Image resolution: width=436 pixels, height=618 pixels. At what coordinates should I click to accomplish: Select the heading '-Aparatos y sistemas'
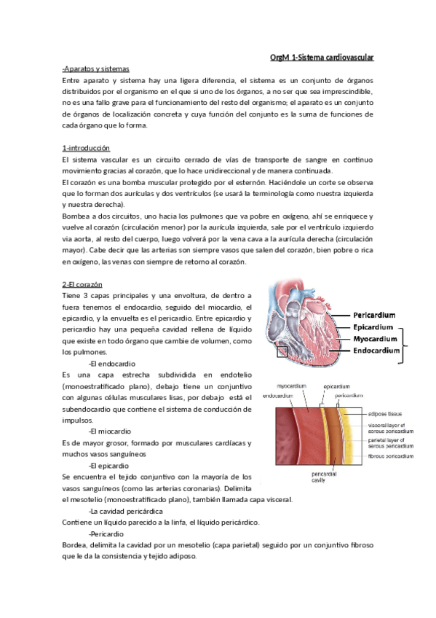[94, 69]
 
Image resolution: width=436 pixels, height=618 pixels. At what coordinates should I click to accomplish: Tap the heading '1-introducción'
[86, 148]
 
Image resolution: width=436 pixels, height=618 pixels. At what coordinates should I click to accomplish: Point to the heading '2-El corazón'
[82, 283]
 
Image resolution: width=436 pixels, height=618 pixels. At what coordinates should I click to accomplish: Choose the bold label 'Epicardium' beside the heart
[373, 327]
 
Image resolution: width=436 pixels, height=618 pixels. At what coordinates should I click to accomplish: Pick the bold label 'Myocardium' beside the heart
[375, 339]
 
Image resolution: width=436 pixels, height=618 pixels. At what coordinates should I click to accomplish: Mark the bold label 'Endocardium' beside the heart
[377, 351]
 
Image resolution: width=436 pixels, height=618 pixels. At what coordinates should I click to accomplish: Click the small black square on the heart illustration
[282, 352]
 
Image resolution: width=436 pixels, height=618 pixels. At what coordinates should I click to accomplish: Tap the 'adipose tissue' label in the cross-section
[388, 412]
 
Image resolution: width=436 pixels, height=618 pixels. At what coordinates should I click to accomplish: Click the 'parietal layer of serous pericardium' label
[392, 442]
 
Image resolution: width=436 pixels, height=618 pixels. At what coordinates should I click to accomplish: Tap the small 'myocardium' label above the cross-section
[292, 386]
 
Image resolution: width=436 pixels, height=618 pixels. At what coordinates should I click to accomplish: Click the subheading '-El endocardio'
[112, 363]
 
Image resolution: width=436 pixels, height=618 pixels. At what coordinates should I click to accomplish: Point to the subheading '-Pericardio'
[106, 533]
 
